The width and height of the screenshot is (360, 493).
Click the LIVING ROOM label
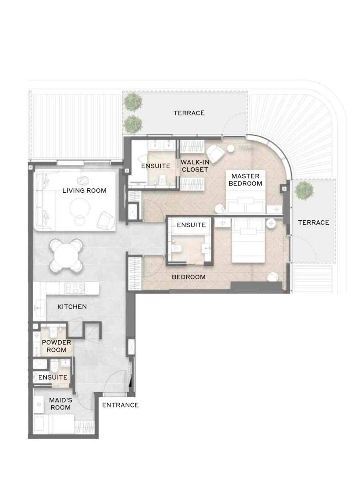(x=84, y=191)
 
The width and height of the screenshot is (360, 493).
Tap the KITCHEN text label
(x=72, y=307)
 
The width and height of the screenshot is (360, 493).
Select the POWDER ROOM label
(x=56, y=346)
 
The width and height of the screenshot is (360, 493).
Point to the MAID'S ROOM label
(x=60, y=404)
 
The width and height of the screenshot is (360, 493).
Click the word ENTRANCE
(x=120, y=405)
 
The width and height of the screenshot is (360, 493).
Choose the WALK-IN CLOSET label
(x=194, y=166)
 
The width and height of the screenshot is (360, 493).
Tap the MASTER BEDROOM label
(x=245, y=180)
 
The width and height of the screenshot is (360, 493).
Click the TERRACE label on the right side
(x=314, y=222)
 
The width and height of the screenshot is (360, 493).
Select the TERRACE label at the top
(x=189, y=113)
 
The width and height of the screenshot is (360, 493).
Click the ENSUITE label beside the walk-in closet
(x=156, y=166)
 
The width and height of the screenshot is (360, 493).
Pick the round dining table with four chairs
(x=67, y=255)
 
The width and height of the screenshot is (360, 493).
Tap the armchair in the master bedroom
(x=215, y=154)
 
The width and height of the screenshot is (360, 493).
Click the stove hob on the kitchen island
(x=74, y=288)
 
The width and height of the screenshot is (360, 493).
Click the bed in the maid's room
(x=54, y=424)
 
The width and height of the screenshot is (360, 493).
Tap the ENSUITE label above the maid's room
(x=53, y=377)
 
